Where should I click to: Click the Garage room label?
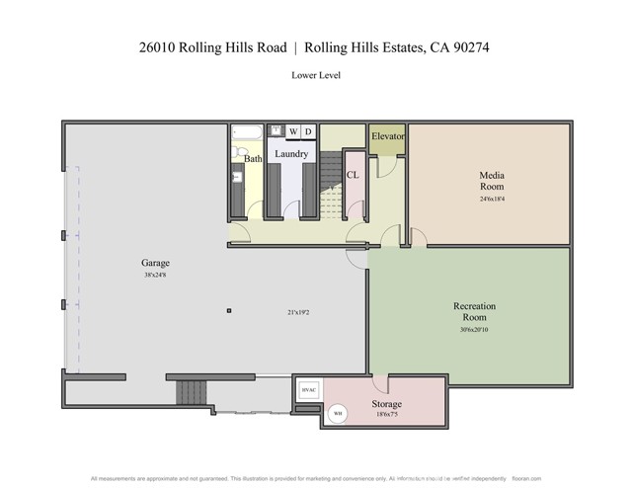coord(155,263)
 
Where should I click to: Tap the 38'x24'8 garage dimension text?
coord(155,275)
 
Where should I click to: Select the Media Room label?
coord(492,181)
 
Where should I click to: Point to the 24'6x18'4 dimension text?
coord(492,199)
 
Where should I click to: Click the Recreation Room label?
coord(474,312)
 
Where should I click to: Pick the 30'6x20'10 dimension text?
coord(474,330)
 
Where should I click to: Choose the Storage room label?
coord(386,405)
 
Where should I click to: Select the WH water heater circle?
coord(337,413)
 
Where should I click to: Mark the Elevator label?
coord(387,136)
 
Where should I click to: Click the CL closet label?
coord(352,175)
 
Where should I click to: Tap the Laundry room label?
coord(291,154)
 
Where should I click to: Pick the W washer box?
coord(292,131)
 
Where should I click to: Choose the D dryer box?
coord(307,131)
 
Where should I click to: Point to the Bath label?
coord(254,158)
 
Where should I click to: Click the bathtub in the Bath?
coord(247,131)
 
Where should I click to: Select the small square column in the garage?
coord(229,311)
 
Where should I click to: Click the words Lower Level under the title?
coord(316,75)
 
